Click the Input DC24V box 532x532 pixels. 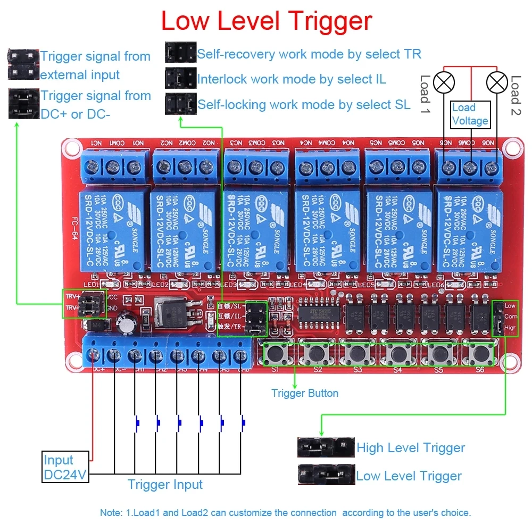[65, 467]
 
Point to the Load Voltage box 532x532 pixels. [470, 114]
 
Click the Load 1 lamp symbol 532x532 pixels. [444, 82]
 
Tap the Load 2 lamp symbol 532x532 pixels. [497, 82]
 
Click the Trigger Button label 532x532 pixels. [304, 393]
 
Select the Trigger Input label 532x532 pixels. [165, 484]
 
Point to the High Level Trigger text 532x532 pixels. [411, 448]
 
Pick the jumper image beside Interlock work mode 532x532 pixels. [180, 79]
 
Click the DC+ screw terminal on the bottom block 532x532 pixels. [94, 354]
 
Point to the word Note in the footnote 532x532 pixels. [110, 513]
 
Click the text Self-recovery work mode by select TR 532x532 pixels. [309, 54]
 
